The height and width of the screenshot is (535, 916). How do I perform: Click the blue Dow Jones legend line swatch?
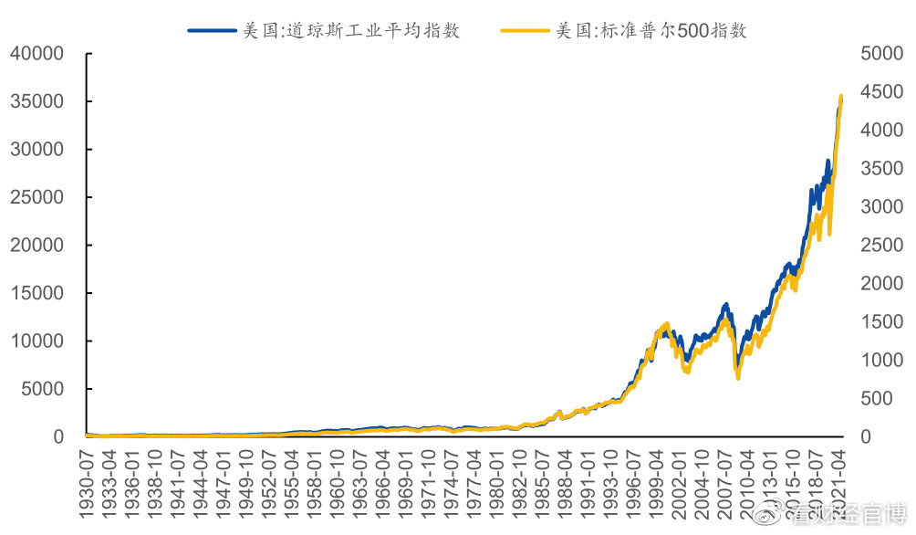212,30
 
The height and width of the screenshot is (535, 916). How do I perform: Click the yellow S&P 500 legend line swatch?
526,30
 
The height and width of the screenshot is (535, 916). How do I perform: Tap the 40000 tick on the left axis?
37,54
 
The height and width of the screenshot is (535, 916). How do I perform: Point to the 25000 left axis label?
37,197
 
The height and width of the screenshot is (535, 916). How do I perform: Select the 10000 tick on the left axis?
37,341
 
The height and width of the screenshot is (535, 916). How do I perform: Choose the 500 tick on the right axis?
876,399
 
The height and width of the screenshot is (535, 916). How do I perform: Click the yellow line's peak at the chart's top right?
840,96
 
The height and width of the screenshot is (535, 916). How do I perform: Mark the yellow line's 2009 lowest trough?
738,377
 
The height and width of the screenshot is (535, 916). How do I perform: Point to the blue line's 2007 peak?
725,305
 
